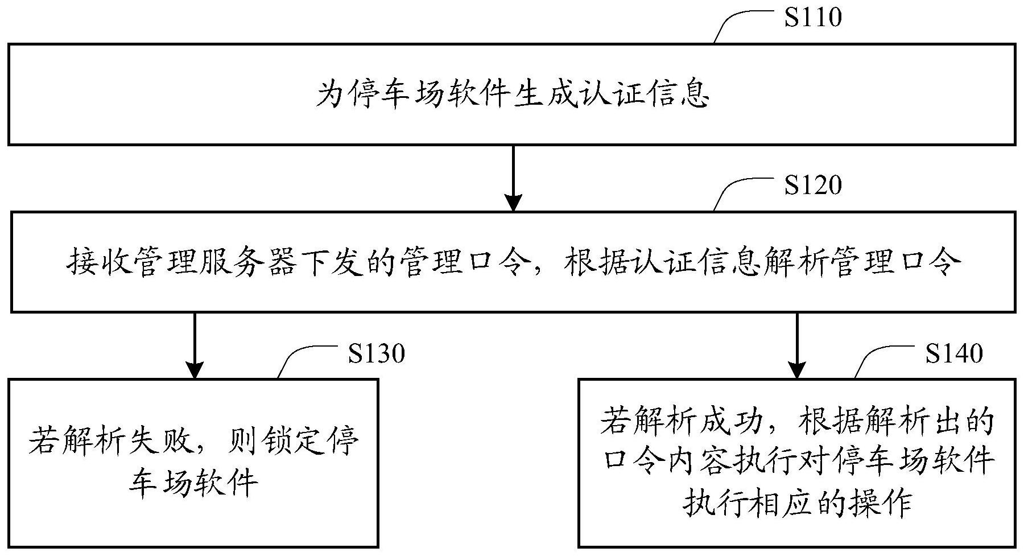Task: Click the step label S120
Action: point(812,185)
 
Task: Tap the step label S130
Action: point(377,353)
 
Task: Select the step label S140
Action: point(954,353)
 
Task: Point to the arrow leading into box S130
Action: point(195,345)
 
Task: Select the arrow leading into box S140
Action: point(796,345)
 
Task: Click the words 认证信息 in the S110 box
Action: point(645,95)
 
